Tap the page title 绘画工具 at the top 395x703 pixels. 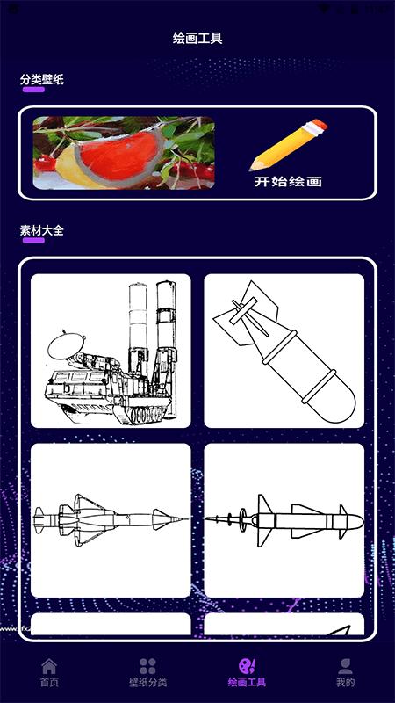pos(197,39)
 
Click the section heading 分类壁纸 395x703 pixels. pos(42,80)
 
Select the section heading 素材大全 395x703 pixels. pos(42,230)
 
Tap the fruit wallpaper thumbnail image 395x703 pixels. pos(124,154)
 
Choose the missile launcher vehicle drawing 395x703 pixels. pos(111,351)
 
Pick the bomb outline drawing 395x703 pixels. pos(284,351)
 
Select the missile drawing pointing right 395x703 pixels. pos(111,520)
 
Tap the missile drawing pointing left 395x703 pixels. pos(284,520)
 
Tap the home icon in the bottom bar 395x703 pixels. pos(49,666)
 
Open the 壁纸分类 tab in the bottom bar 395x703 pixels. pos(147,672)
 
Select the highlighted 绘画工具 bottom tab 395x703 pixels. pos(247,672)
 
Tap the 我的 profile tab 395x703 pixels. pos(345,672)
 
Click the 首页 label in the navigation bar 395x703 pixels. pos(49,683)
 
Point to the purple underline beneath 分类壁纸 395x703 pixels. pos(32,90)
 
